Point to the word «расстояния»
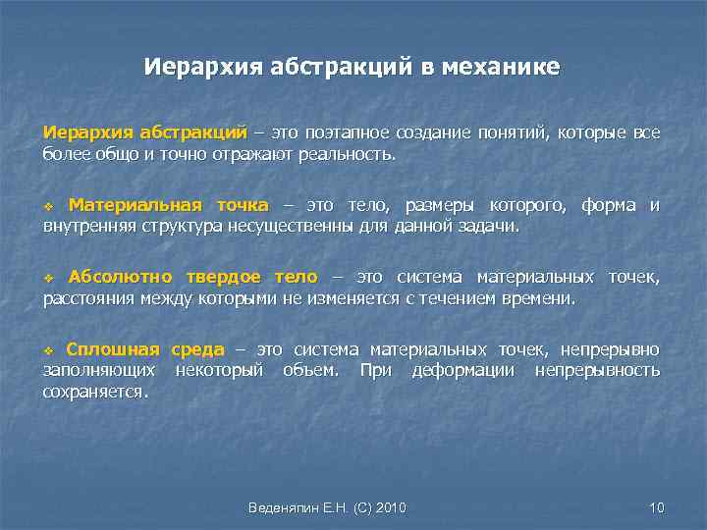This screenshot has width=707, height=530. point(90,299)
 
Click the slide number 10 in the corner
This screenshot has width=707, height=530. point(657,507)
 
